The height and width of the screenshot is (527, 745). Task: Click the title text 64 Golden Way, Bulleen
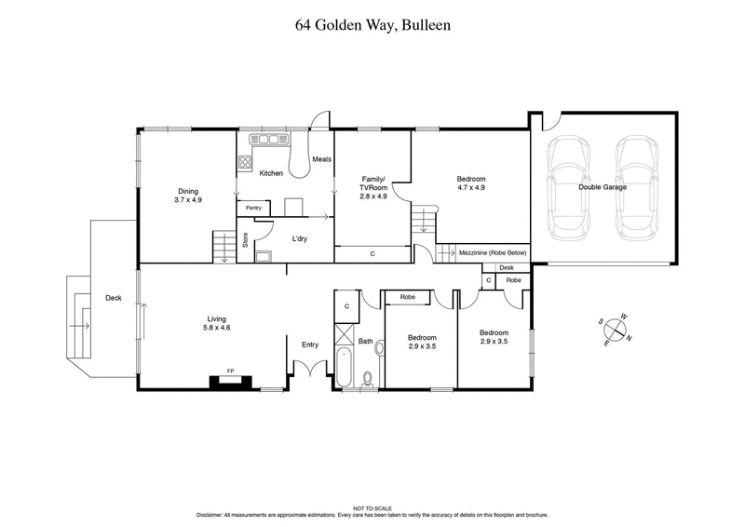(x=372, y=25)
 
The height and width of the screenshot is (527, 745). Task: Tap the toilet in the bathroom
(x=367, y=378)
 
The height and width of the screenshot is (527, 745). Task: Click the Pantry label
(x=254, y=208)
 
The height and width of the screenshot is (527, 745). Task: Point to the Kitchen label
(x=271, y=174)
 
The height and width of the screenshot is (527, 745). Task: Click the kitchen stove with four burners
(x=247, y=162)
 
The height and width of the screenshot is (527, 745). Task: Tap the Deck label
(x=113, y=298)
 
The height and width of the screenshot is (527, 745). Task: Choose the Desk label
(x=506, y=267)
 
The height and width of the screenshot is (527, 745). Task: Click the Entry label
(x=310, y=345)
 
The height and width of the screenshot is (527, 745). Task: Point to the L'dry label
(x=299, y=238)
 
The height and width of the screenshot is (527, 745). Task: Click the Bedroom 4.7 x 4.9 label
(x=470, y=182)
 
